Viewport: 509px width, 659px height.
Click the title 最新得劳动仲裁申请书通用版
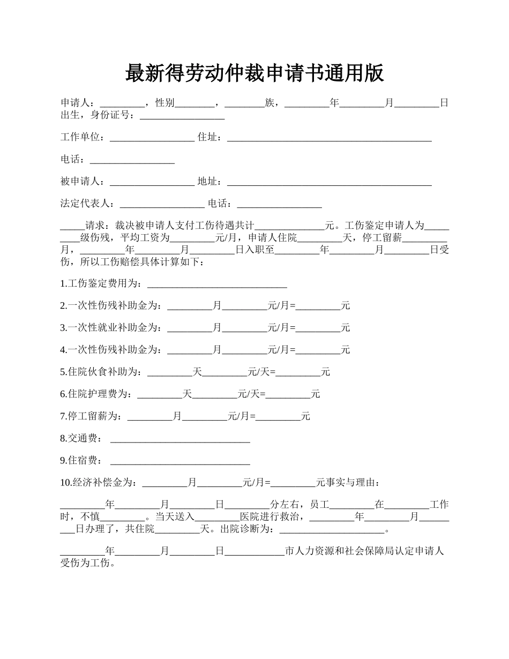point(254,73)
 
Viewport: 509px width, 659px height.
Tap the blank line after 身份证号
point(182,115)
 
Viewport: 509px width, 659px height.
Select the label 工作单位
point(81,137)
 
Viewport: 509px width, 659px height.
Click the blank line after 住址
point(330,137)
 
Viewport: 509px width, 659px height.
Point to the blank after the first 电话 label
point(132,160)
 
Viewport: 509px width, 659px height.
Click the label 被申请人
point(81,182)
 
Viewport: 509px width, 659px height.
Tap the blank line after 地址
point(330,182)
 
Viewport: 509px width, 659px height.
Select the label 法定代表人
point(86,204)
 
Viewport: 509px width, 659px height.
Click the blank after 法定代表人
point(162,204)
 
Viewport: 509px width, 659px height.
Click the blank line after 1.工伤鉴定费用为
point(217,283)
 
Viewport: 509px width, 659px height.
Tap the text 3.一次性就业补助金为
point(110,327)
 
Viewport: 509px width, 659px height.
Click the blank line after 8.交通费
point(180,438)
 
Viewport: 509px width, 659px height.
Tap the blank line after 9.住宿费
point(180,460)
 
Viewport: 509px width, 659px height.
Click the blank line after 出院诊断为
point(332,529)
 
